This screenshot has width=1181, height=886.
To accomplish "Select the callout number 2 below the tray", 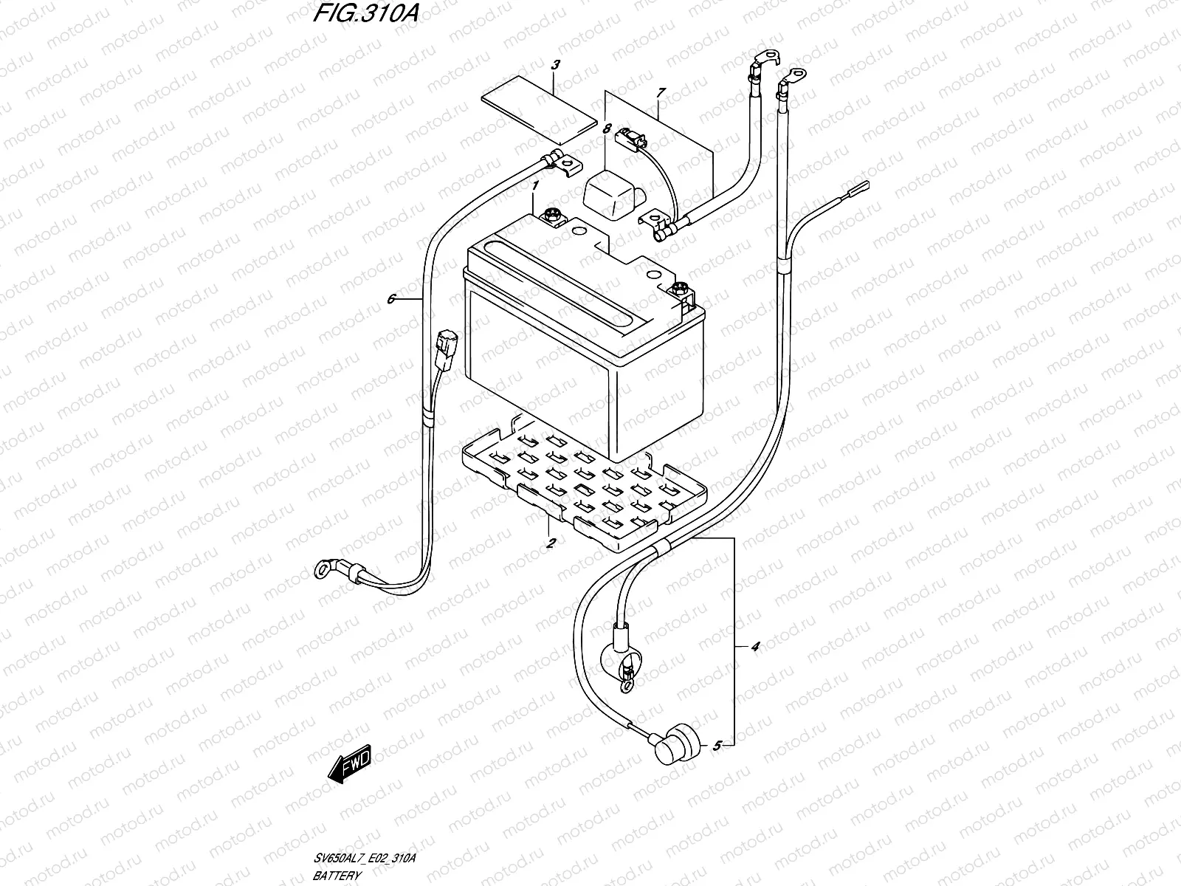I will pos(551,543).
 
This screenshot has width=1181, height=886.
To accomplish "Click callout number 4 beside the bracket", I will pos(754,648).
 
